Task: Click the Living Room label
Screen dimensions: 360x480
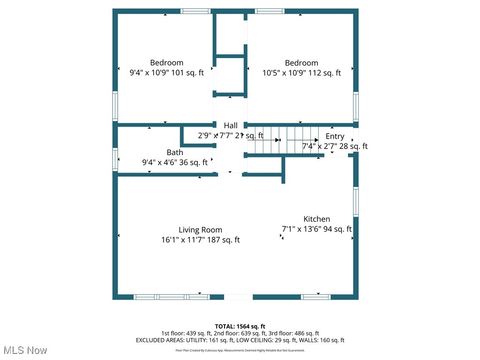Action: click(200, 229)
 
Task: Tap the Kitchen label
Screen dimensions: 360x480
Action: click(317, 218)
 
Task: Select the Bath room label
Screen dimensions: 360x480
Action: click(175, 152)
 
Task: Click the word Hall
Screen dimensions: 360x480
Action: click(230, 125)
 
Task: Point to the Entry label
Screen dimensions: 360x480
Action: click(334, 136)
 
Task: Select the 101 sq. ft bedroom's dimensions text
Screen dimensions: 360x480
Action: click(166, 73)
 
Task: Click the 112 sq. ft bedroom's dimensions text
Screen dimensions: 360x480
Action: click(301, 73)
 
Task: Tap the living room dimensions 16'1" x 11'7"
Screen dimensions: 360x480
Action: click(200, 240)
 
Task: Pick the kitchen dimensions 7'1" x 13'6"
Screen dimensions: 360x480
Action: click(316, 230)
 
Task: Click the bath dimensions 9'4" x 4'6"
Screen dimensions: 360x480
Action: click(175, 162)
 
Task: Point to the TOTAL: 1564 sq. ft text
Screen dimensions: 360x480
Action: click(240, 326)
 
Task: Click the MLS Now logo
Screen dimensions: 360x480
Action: click(25, 350)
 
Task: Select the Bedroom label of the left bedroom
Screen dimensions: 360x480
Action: click(166, 62)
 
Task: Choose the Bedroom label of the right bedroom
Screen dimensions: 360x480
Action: click(301, 62)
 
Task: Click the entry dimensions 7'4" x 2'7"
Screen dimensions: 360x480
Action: click(334, 146)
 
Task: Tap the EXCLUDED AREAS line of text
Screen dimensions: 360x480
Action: click(240, 340)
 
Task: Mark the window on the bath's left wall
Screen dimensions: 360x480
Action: click(115, 158)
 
